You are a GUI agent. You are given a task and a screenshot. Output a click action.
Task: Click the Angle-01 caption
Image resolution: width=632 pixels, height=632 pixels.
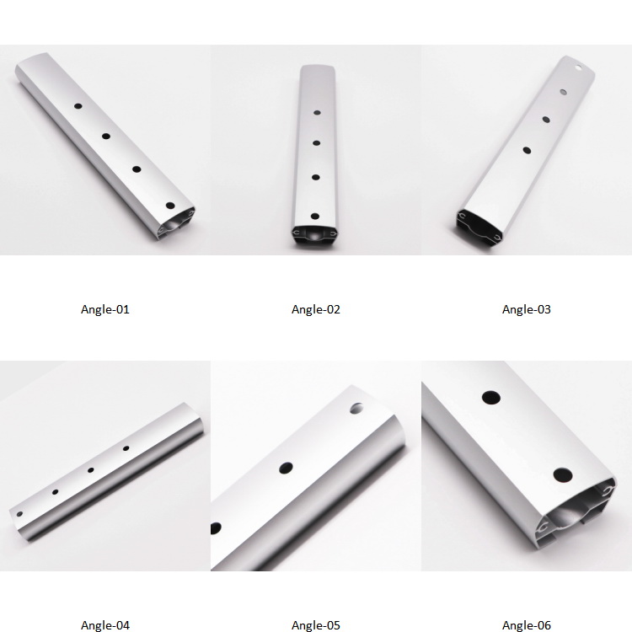(x=105, y=309)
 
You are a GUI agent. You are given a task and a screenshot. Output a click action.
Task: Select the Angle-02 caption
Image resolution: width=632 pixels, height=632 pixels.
(x=316, y=309)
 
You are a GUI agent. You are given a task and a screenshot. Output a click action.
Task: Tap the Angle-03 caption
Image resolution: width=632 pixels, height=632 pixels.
(x=527, y=309)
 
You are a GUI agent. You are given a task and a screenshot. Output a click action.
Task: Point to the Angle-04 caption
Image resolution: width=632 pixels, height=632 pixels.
(x=105, y=625)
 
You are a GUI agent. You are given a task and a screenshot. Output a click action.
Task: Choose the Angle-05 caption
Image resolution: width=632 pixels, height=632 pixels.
(x=316, y=625)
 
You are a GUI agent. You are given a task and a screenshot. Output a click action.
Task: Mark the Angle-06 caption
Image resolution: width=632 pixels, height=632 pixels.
(x=527, y=625)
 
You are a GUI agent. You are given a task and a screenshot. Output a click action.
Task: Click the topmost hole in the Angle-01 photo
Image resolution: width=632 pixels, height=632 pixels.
(x=78, y=106)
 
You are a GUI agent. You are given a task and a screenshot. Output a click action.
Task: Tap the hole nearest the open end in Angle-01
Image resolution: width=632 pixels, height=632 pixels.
(x=170, y=206)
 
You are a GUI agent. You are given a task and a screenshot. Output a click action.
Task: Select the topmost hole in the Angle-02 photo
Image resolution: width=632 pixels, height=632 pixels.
(x=317, y=113)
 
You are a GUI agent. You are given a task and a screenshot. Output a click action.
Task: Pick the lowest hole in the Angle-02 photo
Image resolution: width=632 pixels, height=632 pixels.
(x=315, y=217)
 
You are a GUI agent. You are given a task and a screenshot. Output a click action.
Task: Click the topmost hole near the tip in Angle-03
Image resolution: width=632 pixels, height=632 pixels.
(x=578, y=67)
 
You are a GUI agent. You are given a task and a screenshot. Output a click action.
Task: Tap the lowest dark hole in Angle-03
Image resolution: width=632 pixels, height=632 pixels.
(x=527, y=150)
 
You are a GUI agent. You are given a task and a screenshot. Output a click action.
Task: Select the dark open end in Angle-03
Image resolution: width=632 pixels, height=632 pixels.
(x=479, y=225)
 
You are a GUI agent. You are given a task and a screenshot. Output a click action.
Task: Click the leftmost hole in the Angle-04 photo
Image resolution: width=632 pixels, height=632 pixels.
(x=19, y=514)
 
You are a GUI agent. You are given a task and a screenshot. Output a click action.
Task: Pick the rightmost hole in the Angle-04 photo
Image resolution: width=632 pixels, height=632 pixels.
(x=126, y=448)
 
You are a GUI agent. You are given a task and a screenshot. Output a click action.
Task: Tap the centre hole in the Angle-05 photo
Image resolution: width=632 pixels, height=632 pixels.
(x=286, y=468)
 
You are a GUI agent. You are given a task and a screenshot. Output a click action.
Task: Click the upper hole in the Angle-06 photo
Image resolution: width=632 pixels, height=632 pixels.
(x=491, y=398)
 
